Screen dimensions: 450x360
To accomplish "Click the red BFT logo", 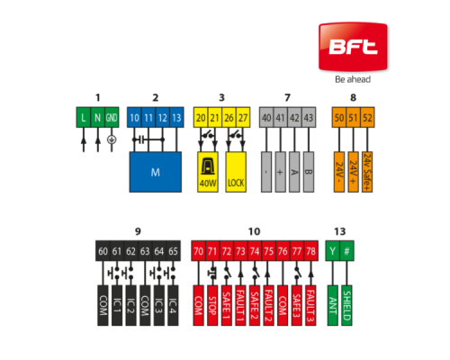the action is click(x=353, y=47).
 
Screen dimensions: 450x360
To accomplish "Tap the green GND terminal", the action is click(x=112, y=117).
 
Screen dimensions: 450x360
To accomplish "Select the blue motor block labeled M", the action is click(x=156, y=172).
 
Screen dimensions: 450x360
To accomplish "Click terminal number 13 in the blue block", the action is click(x=176, y=117).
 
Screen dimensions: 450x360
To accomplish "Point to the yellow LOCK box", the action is click(x=236, y=172).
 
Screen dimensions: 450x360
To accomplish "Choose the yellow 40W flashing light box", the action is click(x=208, y=172).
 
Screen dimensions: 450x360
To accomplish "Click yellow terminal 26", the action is click(x=229, y=117).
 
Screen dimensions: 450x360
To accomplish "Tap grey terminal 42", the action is click(x=294, y=117).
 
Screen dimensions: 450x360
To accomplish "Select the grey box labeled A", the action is click(x=294, y=172).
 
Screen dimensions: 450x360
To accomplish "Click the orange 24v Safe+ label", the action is click(x=367, y=172).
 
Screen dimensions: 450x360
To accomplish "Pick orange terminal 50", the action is click(x=339, y=117).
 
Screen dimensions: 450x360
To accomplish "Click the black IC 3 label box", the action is click(x=159, y=305).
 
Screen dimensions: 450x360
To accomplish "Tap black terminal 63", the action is click(x=145, y=251).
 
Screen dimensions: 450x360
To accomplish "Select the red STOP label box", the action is click(x=212, y=305).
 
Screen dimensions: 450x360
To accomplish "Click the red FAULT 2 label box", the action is click(x=268, y=305).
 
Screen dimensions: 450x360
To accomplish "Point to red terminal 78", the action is click(x=310, y=251).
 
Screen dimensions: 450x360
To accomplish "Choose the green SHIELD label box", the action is click(x=346, y=305).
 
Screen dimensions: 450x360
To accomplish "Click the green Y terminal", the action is click(x=332, y=251).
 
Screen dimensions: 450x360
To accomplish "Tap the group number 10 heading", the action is click(x=254, y=231).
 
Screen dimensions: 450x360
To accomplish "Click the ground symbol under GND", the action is click(x=112, y=139).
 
